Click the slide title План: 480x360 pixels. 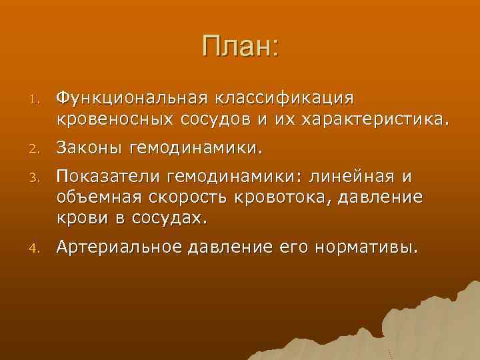click(240, 48)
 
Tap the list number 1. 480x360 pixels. click(39, 99)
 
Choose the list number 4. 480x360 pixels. click(39, 249)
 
